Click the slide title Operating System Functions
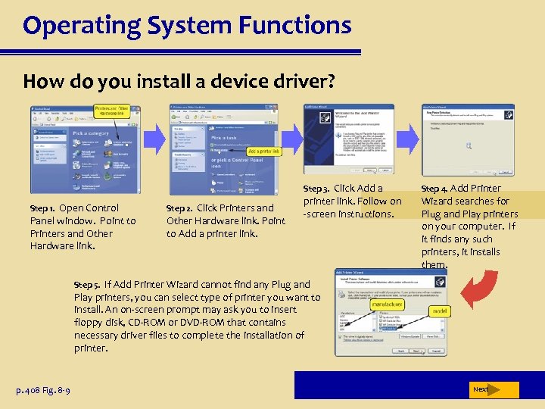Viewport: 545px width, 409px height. tap(187, 26)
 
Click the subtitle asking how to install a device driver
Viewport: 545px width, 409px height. tap(178, 81)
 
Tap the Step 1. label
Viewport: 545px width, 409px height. tap(42, 208)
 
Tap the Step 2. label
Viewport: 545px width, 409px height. tap(179, 208)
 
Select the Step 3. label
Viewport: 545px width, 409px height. tap(316, 189)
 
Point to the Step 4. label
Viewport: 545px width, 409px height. tap(434, 189)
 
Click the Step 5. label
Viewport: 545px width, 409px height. tap(87, 285)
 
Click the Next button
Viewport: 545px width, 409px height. tap(481, 389)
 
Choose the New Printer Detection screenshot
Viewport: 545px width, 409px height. tap(468, 139)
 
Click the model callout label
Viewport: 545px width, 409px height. tap(439, 311)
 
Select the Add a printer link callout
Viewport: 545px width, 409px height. tap(264, 151)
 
